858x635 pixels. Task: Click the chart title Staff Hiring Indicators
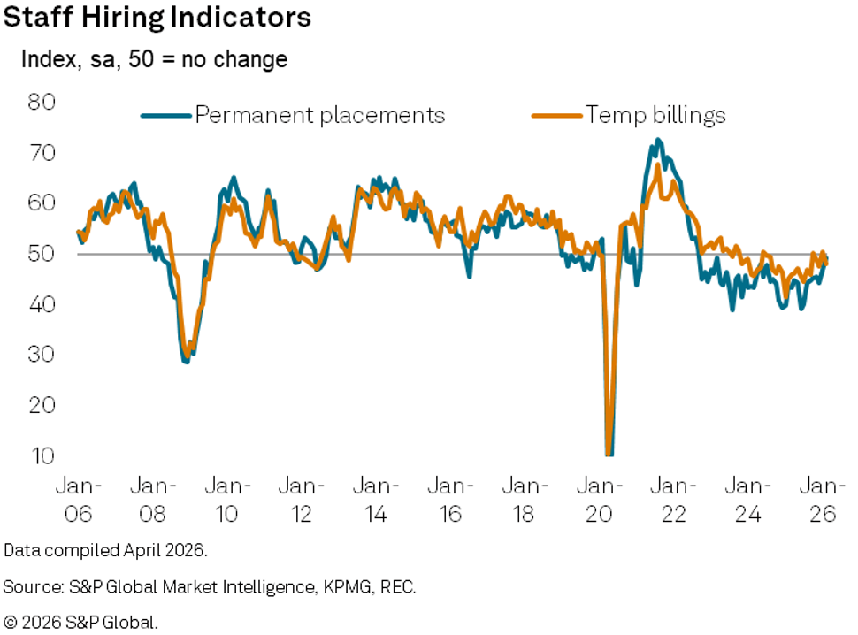pyautogui.click(x=157, y=19)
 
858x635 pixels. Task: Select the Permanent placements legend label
pyautogui.click(x=319, y=115)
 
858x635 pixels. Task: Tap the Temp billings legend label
pyautogui.click(x=655, y=115)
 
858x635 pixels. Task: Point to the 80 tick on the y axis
pyautogui.click(x=42, y=102)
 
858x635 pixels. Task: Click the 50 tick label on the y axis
pyautogui.click(x=42, y=254)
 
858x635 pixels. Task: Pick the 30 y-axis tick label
pyautogui.click(x=42, y=355)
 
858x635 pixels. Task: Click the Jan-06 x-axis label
pyautogui.click(x=78, y=499)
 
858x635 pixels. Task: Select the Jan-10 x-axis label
pyautogui.click(x=226, y=499)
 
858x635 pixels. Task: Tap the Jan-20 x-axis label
pyautogui.click(x=600, y=499)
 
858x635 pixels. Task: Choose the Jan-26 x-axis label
pyautogui.click(x=823, y=499)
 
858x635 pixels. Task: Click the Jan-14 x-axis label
pyautogui.click(x=376, y=499)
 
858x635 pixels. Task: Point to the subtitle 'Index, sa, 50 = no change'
pyautogui.click(x=155, y=60)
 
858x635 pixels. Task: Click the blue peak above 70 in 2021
pyautogui.click(x=657, y=140)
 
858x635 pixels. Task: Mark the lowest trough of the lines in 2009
pyautogui.click(x=186, y=361)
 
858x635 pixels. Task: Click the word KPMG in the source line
pyautogui.click(x=337, y=586)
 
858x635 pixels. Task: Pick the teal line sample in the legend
pyautogui.click(x=166, y=115)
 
